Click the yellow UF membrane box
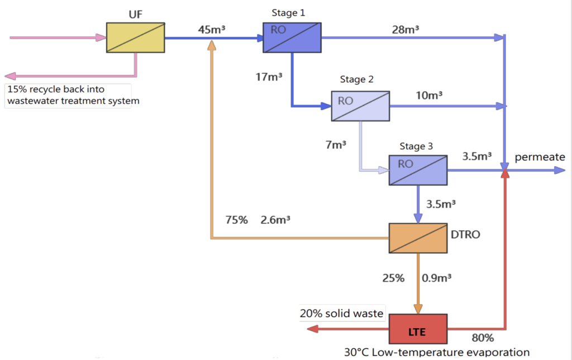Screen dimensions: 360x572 (x=136, y=37)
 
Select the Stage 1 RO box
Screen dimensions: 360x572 (x=291, y=37)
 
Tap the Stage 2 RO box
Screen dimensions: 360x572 (x=360, y=106)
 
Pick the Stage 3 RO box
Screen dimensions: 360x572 (x=418, y=170)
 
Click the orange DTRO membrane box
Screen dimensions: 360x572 (x=418, y=239)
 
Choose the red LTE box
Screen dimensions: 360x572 (x=418, y=329)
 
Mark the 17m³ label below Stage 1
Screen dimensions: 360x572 (x=269, y=77)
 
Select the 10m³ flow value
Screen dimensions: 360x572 (x=429, y=96)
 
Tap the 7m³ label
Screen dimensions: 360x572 (x=335, y=144)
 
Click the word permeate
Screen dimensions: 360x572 (x=540, y=157)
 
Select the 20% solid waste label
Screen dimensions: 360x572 (x=342, y=314)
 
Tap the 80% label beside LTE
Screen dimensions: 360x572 (x=482, y=338)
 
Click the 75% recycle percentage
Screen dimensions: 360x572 (x=236, y=220)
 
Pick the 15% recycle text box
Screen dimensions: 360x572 (x=68, y=95)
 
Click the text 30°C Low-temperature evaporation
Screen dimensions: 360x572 (x=436, y=352)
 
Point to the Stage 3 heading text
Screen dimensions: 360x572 (x=416, y=146)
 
